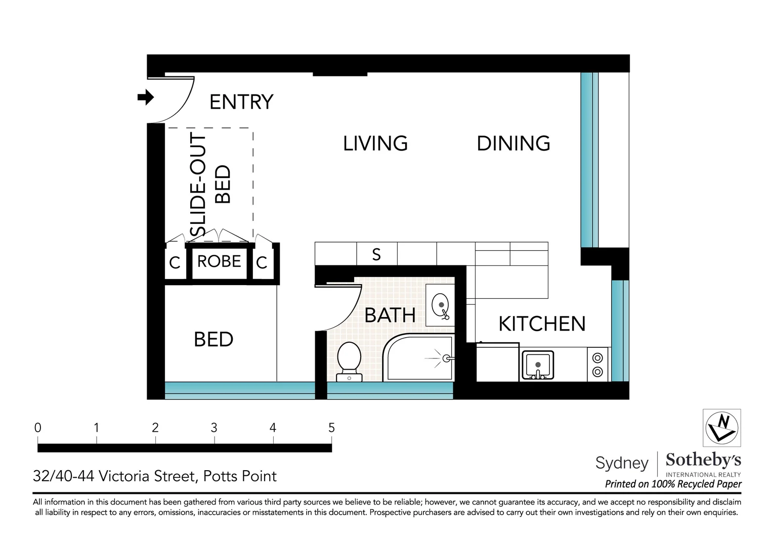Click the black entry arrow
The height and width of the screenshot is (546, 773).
click(x=146, y=97)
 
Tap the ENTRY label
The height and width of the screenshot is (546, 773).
click(x=241, y=102)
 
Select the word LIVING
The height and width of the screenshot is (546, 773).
click(x=375, y=144)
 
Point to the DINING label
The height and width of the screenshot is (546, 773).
click(x=513, y=144)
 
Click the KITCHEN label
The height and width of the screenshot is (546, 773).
click(x=542, y=324)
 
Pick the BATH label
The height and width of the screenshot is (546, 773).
click(x=390, y=315)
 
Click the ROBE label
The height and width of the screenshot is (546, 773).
click(x=219, y=261)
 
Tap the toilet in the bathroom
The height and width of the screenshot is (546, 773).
click(x=349, y=362)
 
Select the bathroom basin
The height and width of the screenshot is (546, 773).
click(x=440, y=305)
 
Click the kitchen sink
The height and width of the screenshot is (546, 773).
click(x=538, y=365)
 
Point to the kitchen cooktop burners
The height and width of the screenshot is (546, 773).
click(x=597, y=365)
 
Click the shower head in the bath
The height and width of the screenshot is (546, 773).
click(x=447, y=359)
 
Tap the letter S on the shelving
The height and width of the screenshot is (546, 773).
click(x=376, y=254)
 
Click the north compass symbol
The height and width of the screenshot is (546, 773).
click(x=722, y=428)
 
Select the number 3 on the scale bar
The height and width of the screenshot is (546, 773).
click(x=214, y=428)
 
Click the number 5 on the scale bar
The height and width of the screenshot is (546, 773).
click(x=332, y=428)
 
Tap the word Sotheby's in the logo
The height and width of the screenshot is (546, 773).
click(x=703, y=460)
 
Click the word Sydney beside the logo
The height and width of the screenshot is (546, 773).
click(x=622, y=464)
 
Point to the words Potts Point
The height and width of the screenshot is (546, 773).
click(x=240, y=476)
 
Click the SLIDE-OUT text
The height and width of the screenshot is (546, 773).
click(x=198, y=185)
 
